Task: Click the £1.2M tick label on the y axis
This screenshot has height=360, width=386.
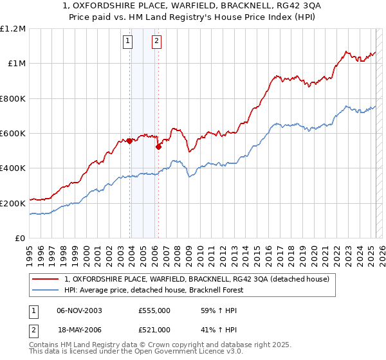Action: click(x=13, y=29)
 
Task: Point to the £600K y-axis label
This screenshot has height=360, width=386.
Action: click(x=13, y=134)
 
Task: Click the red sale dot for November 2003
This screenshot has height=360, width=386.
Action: click(x=130, y=141)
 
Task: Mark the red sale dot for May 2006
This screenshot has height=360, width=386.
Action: click(x=158, y=147)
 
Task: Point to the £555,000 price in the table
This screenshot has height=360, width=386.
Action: click(x=154, y=310)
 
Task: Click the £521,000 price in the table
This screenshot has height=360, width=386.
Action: click(x=154, y=329)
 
